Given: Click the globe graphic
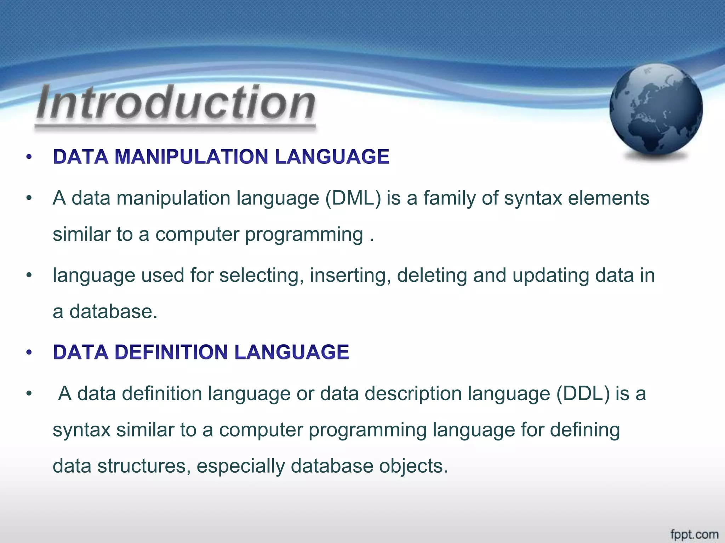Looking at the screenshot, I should (656, 110).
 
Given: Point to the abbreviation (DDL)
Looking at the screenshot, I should (583, 393).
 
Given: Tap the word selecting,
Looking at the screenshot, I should (261, 275).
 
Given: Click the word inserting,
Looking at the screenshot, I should (350, 275).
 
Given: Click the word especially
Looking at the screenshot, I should (240, 466).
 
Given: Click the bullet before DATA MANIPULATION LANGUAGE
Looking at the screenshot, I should (29, 157).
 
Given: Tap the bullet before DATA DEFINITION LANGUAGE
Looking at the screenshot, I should (29, 352).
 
